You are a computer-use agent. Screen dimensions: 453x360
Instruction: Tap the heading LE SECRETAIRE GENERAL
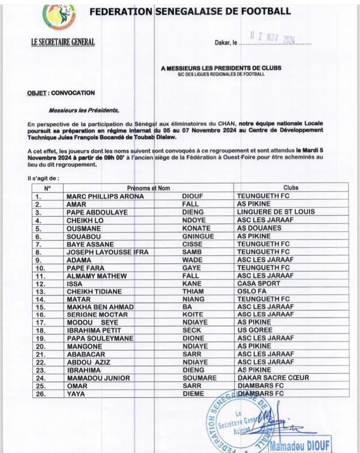click(63, 43)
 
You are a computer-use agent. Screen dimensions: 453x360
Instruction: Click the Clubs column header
click(290, 188)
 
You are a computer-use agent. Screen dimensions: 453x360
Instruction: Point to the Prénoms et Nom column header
click(149, 188)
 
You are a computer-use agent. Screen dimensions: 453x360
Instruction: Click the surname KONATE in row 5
click(194, 228)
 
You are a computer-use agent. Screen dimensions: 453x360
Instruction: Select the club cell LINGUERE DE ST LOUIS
click(276, 212)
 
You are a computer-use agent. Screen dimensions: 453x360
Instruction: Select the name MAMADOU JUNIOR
click(98, 378)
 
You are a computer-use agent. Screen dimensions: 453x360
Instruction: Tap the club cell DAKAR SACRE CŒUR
click(273, 378)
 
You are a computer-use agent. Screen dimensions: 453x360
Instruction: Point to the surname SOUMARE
click(199, 378)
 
